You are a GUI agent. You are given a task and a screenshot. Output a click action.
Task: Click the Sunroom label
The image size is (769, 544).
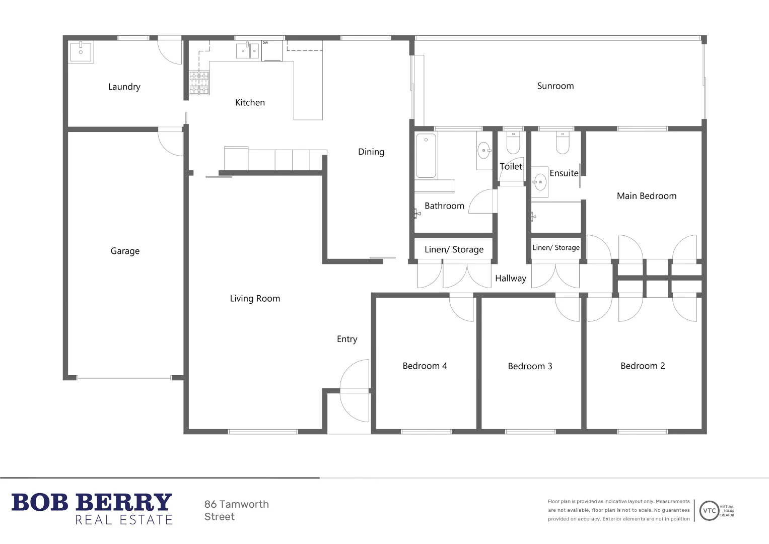coord(555,86)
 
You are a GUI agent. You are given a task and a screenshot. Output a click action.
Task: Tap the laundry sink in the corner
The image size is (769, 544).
coord(81,52)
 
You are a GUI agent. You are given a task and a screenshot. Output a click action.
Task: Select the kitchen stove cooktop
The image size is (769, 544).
coord(199,83)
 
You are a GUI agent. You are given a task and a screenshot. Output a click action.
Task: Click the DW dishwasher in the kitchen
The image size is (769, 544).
coord(272,51)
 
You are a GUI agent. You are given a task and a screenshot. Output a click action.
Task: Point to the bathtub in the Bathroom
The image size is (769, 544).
coord(426,156)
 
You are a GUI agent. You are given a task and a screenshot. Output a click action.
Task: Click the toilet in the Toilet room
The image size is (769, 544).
coord(513,143)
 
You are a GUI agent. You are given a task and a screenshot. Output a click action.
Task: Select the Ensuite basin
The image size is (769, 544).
coord(540,182)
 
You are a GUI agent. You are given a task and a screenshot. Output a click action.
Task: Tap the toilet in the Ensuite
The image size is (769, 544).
coord(562,143)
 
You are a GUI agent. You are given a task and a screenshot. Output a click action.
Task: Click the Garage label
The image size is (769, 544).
coord(125,251)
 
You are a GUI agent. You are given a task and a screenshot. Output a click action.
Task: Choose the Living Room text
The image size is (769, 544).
coord(255,299)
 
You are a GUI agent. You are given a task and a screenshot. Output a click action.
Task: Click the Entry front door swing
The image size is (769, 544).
coord(356,390)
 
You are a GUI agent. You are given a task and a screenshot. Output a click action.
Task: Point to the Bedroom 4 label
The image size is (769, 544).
coord(425,366)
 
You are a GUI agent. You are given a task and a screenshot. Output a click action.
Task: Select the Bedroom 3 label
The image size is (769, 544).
coord(530,366)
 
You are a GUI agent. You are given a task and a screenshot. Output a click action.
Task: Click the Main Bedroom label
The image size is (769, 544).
coord(646,196)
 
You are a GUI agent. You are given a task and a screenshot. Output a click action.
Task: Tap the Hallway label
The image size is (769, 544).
coord(510,279)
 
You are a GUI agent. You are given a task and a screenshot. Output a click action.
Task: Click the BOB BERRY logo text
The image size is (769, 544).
coord(92,503)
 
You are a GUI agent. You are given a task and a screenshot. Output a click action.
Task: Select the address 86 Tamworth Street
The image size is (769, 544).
coord(236,510)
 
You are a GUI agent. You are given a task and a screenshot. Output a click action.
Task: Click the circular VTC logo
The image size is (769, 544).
coord(709,510)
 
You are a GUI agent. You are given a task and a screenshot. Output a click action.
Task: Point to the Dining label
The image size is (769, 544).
coord(371,152)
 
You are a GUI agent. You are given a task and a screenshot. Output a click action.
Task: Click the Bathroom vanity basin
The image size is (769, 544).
coord(483,150)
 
